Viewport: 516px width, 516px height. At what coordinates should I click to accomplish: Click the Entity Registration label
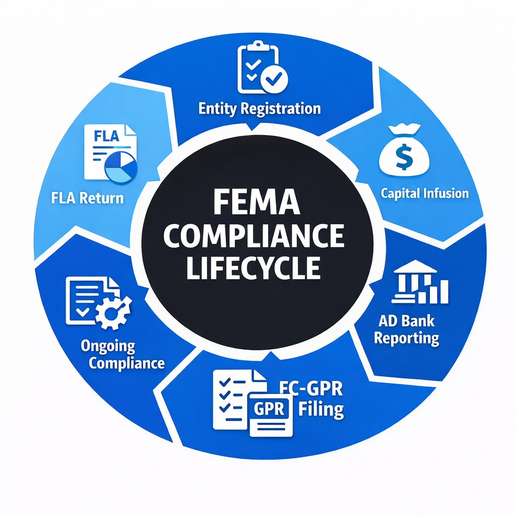pos(260,108)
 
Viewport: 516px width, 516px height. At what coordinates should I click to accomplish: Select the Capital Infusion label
pos(424,193)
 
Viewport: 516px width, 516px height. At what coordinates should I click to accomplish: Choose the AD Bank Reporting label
pos(407,329)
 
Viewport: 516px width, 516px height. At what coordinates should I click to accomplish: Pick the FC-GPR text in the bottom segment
pos(311,389)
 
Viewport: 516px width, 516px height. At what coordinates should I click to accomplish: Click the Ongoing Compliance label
pos(122,355)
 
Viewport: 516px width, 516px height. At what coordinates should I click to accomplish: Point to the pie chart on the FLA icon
pos(121,166)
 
